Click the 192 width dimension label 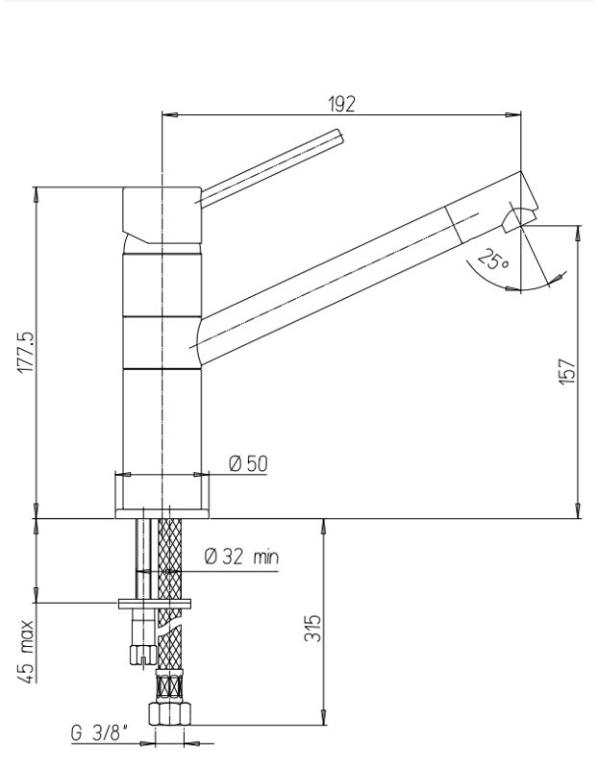coord(341,104)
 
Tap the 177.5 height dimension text coord(27,352)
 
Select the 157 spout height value coord(567,372)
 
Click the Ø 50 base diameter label coord(248,463)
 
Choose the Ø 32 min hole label coord(241,557)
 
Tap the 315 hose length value coord(313,628)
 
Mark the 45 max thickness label coord(27,652)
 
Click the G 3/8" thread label coord(100,733)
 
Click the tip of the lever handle coord(340,136)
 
